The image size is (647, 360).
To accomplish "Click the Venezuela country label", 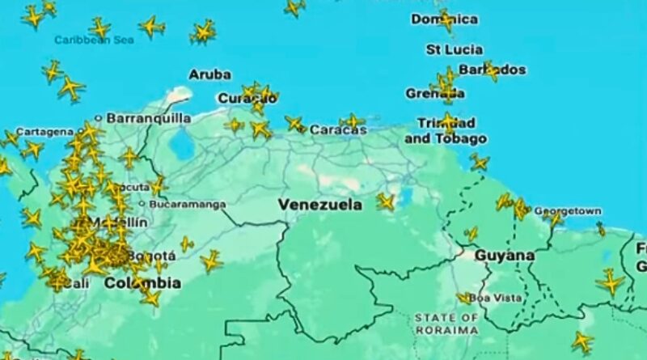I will [319, 205].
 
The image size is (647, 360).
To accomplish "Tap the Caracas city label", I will [337, 129].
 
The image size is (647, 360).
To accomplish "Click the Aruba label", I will [209, 74].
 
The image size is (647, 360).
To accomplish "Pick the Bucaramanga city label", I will [188, 205].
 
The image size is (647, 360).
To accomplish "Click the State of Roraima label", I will [446, 323].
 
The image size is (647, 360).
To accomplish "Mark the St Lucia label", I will [455, 49].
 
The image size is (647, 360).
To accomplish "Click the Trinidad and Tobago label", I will [446, 131].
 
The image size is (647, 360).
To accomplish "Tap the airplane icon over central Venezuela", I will [386, 201].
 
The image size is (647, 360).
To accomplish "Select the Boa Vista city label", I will [496, 298].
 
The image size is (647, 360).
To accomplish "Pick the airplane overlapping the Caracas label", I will [352, 122].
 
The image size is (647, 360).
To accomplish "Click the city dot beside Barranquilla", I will [99, 117].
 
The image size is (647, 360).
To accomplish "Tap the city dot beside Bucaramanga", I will [142, 205].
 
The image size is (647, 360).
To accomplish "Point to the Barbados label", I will [492, 70].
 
